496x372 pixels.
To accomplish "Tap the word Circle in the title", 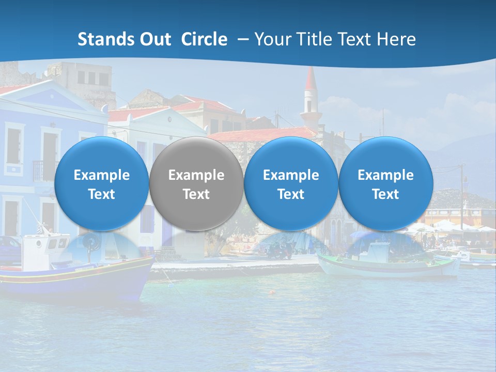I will click(x=204, y=39).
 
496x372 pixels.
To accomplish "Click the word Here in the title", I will click(x=395, y=39).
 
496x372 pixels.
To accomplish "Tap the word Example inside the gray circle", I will click(x=196, y=175).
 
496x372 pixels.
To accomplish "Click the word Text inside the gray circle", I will click(x=196, y=194).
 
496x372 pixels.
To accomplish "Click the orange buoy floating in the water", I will click(x=271, y=292).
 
